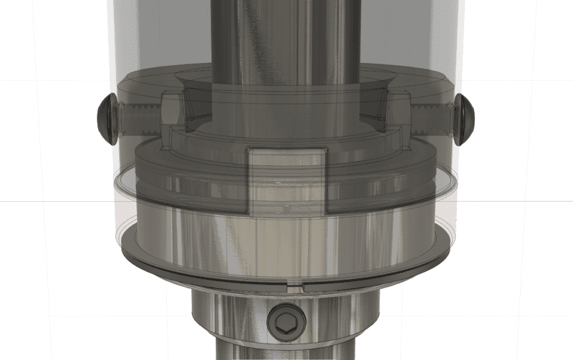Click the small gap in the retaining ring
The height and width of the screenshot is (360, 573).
coord(294,285)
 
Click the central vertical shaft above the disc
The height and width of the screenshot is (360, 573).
coord(286,43)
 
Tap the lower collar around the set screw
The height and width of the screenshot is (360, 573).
coord(229,318)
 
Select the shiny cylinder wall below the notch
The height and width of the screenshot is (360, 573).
coord(286,243)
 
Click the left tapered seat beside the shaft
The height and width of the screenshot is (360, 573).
coord(197,104)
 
